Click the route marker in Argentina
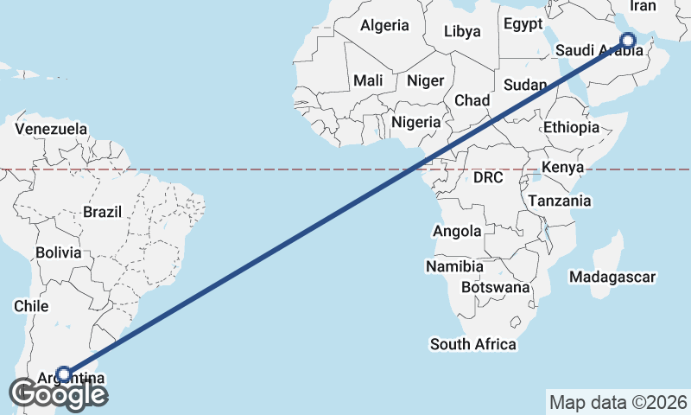pos(64,374)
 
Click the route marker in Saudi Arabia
pos(628,40)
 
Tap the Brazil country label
pos(103,212)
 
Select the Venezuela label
pos(51,129)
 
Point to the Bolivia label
pos(59,253)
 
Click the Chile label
pos(30,306)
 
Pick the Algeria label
pos(384,25)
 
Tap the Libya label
pos(462,32)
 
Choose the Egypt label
pos(523,23)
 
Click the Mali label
pos(368,80)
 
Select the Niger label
pos(425,80)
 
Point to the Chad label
pos(472,100)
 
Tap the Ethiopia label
pos(571,127)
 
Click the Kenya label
pos(563,167)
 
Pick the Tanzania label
pos(560,201)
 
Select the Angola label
pos(457,231)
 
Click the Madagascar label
pos(612,278)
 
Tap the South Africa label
pos(473,344)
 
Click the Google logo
pos(59,393)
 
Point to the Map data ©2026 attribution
pos(618,402)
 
